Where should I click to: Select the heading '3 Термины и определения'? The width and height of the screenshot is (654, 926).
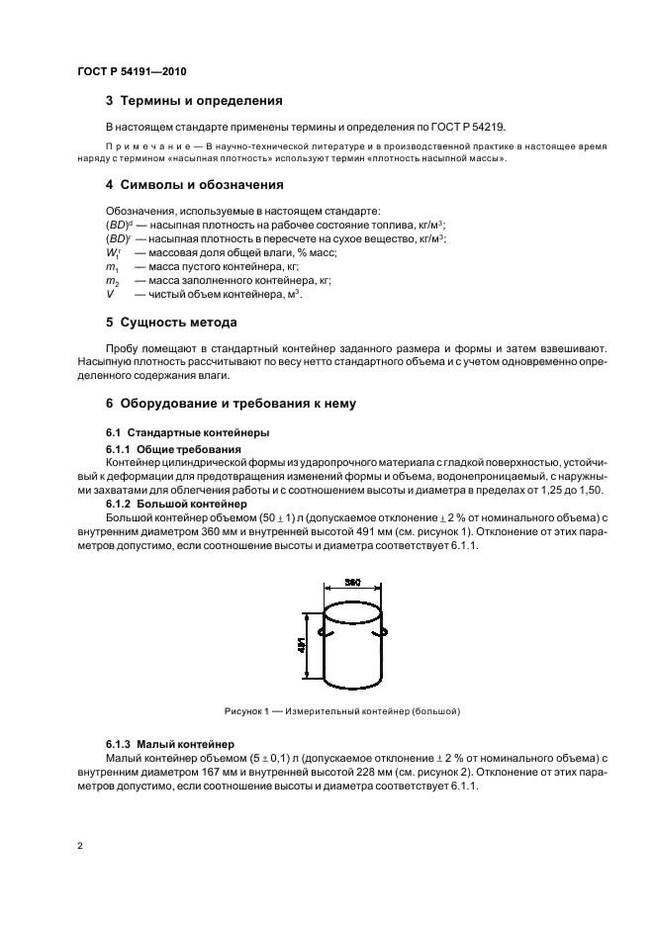194,101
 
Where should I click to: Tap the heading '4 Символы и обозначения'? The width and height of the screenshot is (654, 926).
194,184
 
